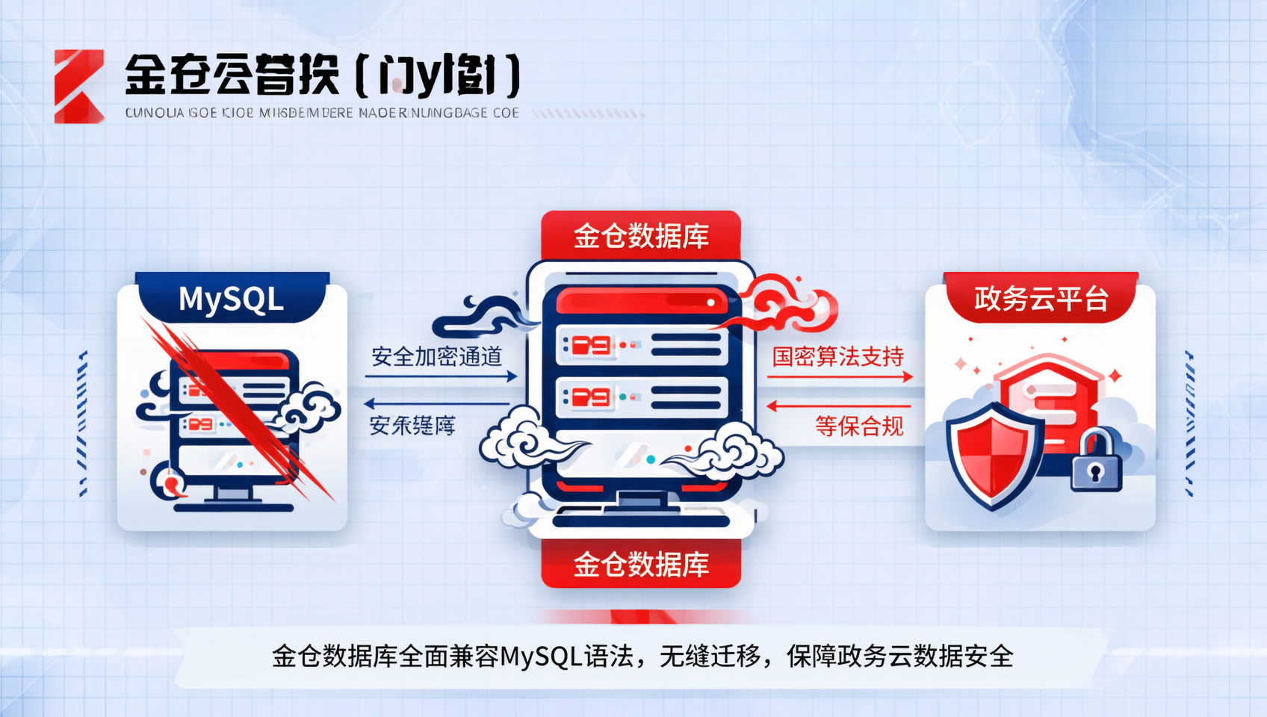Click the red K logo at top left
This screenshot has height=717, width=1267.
[78, 86]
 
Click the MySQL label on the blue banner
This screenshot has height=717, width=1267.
[231, 299]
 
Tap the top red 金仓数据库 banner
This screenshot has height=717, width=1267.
[641, 236]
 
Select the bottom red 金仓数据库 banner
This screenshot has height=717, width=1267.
[641, 564]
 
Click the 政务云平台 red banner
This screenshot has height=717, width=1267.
[1041, 299]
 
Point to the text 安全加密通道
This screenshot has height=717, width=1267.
[436, 356]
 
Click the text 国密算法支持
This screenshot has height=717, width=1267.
[838, 356]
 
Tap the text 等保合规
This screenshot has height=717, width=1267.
[859, 426]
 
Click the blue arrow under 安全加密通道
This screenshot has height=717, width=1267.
[441, 376]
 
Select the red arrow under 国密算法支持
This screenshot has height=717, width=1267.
[840, 376]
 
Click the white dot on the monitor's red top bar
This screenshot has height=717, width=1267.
[710, 302]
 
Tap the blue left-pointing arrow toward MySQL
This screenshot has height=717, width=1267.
[436, 404]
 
